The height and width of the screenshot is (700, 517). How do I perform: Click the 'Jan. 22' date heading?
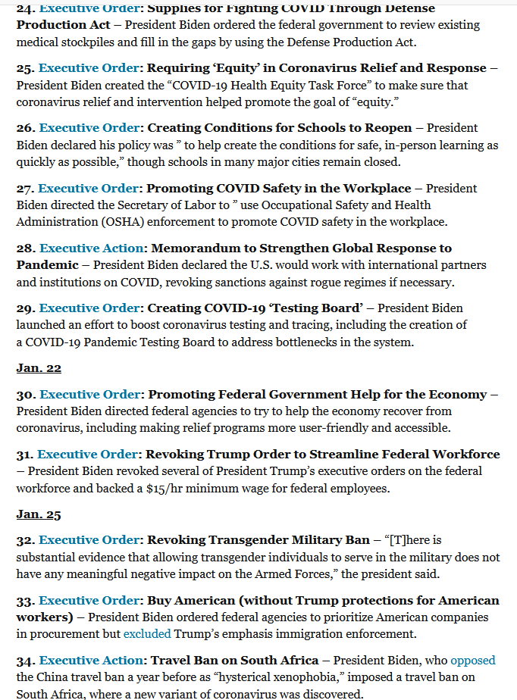[39, 368]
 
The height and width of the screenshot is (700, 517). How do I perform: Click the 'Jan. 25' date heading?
[39, 514]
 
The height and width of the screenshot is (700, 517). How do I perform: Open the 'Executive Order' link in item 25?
[89, 68]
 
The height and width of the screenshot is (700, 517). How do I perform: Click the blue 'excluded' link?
[147, 633]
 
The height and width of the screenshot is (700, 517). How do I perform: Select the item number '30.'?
[26, 394]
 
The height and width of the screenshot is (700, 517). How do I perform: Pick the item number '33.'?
[26, 600]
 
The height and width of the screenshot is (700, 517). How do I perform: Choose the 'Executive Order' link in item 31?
[87, 455]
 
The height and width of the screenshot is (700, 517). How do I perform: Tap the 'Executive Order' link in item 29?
[89, 308]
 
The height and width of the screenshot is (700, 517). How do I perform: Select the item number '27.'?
[26, 188]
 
